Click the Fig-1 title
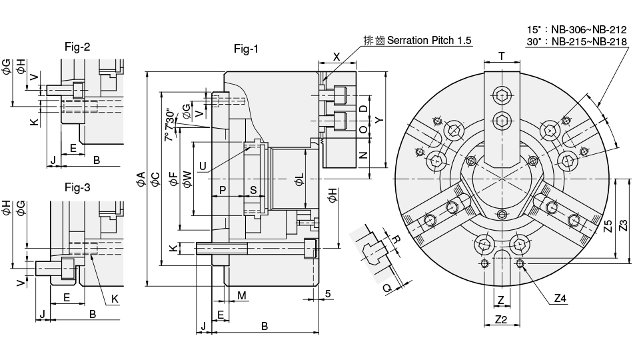point(246,49)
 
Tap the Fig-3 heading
point(77,187)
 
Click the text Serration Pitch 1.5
point(429,41)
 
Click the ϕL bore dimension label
point(299,178)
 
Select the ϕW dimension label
point(187,178)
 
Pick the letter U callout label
point(203,165)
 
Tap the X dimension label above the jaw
point(336,57)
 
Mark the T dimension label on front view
point(501,56)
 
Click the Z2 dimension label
point(501,320)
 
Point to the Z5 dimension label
point(606,225)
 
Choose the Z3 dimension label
point(623,225)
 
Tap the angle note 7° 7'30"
point(169,125)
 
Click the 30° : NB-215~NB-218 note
point(577,41)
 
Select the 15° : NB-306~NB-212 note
point(577,30)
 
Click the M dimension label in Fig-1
point(242,295)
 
